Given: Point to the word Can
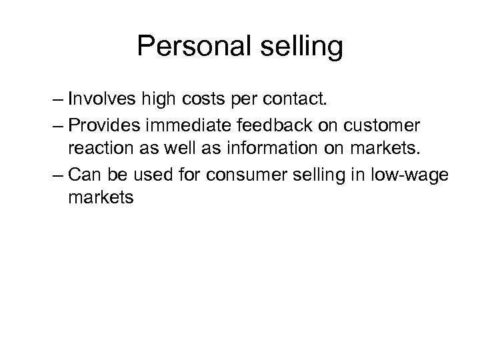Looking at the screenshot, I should (x=83, y=175).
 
